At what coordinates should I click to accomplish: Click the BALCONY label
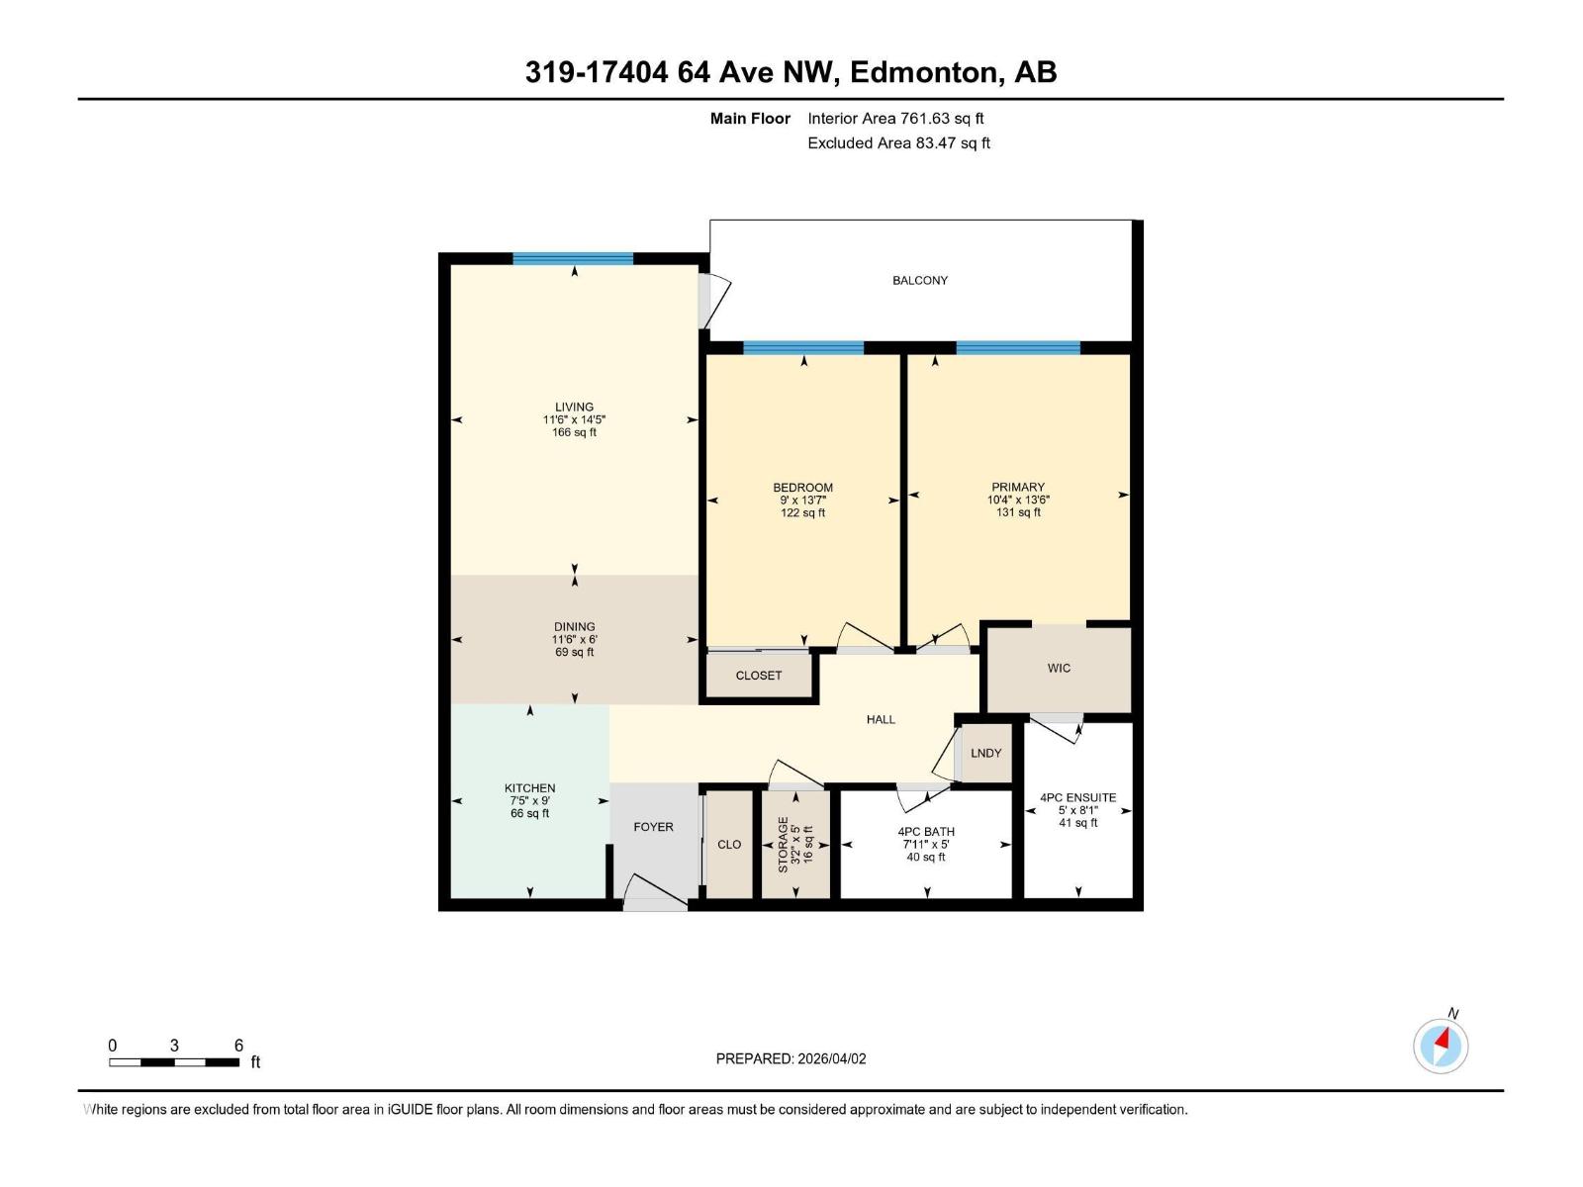(919, 281)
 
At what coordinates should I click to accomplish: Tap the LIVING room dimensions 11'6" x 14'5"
(574, 419)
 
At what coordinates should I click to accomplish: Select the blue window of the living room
(573, 259)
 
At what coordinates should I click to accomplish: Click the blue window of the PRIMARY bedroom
(1018, 348)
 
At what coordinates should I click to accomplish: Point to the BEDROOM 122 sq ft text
(802, 513)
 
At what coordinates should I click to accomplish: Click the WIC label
(1059, 669)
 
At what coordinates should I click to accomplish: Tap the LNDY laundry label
(985, 754)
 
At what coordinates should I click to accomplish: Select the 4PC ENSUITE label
(1077, 797)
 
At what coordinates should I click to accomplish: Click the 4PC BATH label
(926, 832)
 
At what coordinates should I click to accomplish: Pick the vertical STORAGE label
(784, 844)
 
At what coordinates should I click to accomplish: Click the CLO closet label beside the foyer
(729, 845)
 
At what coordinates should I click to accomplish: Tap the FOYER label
(653, 827)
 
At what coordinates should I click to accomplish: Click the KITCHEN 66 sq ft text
(529, 814)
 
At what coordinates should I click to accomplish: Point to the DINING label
(574, 626)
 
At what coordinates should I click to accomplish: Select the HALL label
(881, 720)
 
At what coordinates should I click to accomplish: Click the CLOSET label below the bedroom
(759, 676)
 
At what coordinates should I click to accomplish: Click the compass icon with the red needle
(1441, 1046)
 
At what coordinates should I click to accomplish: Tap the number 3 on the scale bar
(174, 1046)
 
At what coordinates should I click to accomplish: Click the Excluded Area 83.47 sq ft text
(898, 143)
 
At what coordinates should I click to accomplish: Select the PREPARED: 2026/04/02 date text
(791, 1058)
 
